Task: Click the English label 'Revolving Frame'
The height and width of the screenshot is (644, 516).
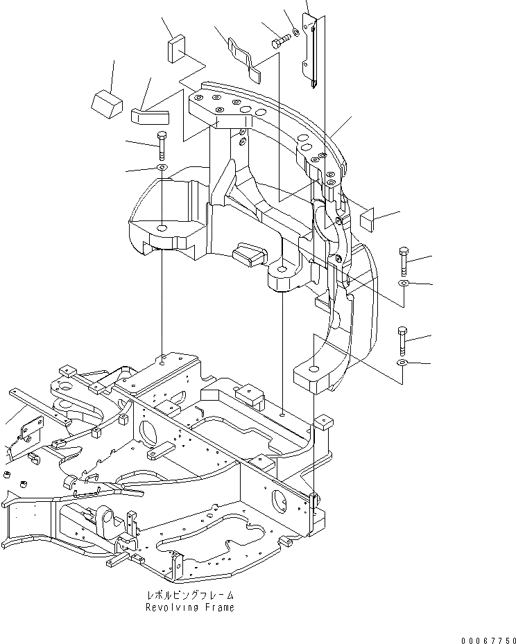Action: point(189,607)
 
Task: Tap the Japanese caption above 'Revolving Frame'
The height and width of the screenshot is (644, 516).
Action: point(189,595)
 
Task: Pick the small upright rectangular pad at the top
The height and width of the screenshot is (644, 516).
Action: point(175,51)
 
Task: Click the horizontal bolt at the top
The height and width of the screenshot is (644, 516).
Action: point(280,41)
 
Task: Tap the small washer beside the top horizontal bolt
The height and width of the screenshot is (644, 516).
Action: point(295,31)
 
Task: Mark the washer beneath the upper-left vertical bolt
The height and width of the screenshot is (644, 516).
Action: point(162,168)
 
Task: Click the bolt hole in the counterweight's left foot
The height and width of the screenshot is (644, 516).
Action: point(162,228)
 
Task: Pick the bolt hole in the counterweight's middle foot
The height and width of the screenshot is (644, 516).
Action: point(282,268)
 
